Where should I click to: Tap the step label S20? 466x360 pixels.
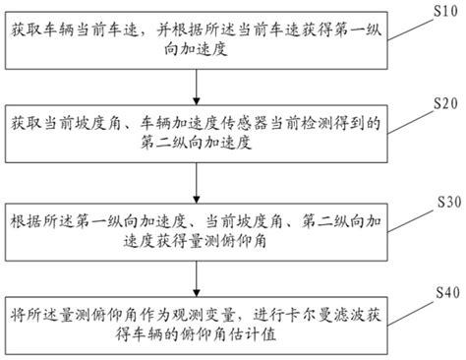[x=438, y=102]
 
